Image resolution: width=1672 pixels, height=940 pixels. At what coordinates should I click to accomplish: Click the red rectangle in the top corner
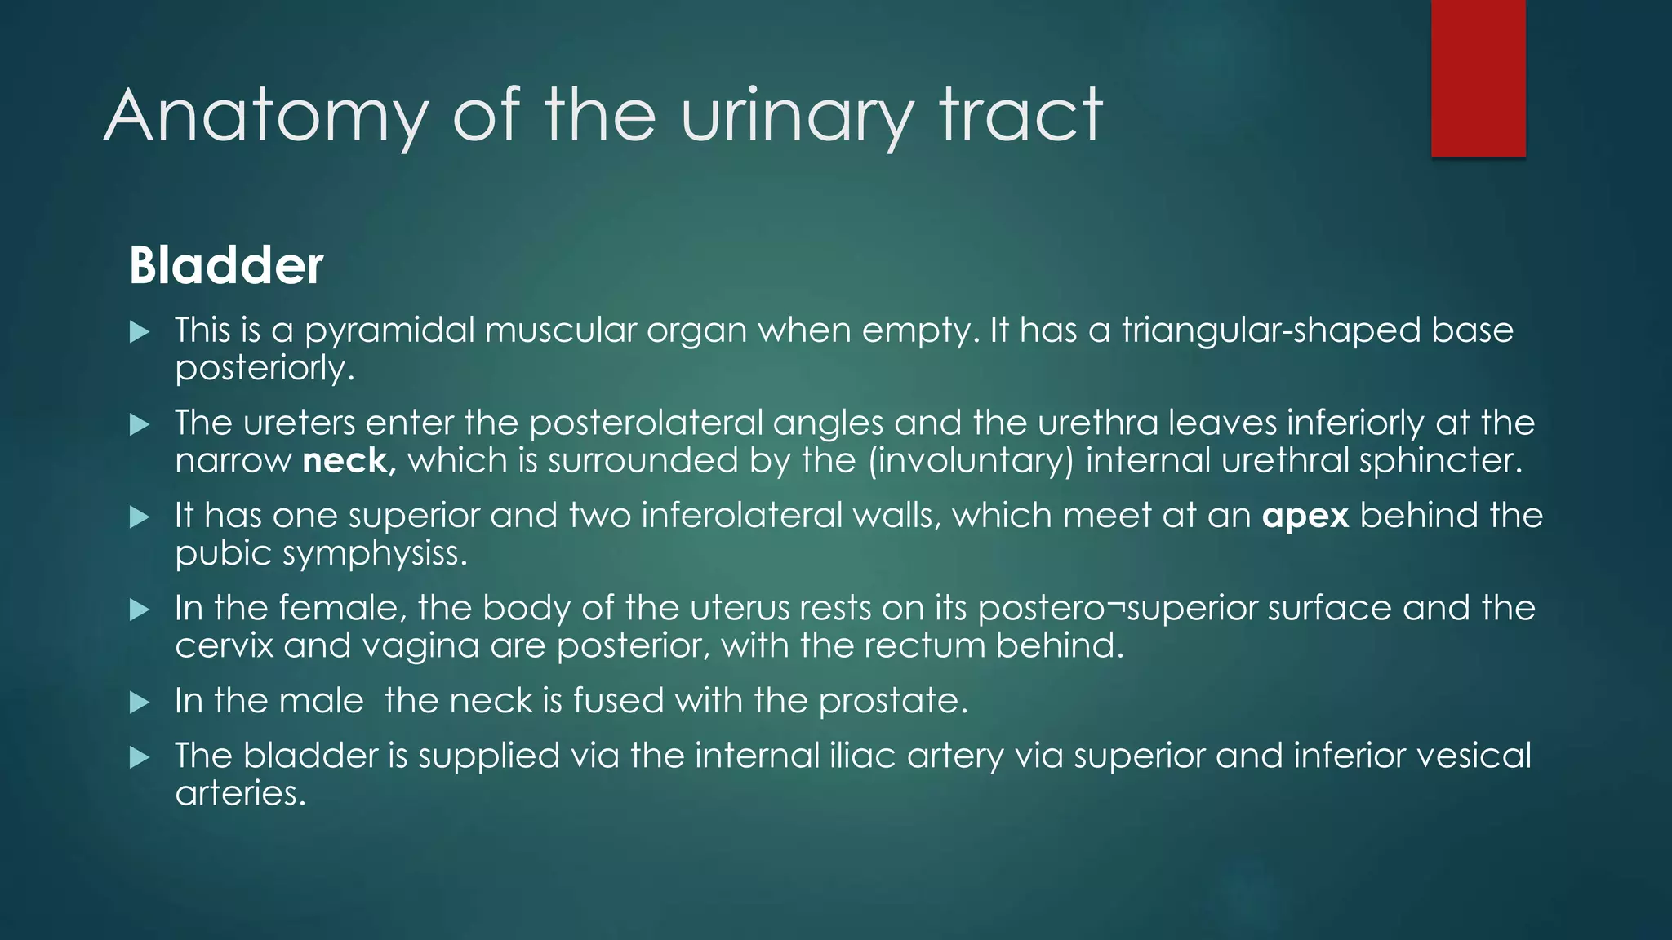1478,78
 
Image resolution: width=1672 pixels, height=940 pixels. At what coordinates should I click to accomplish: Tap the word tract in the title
1021,117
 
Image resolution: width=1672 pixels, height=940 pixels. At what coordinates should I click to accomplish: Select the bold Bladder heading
226,266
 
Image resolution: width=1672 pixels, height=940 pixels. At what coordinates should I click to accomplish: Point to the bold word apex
1305,517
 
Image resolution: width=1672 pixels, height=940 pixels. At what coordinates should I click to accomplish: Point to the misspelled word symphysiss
375,555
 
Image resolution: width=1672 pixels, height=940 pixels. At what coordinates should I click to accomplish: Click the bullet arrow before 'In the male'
140,703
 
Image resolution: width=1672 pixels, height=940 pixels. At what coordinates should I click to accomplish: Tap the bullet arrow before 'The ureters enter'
140,424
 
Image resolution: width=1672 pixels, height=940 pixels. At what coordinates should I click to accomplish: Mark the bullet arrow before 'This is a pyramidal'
140,332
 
